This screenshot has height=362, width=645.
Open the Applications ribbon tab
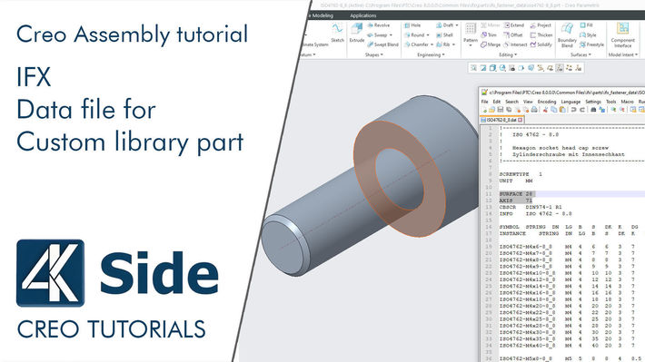click(362, 15)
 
